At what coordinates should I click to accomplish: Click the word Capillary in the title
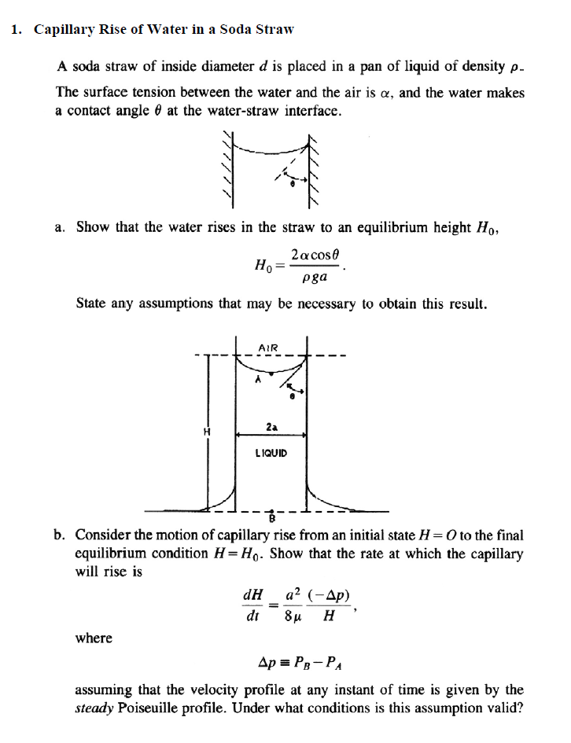(x=65, y=30)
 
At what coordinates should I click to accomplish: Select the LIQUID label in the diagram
(x=271, y=453)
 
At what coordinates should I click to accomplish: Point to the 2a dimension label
(x=271, y=427)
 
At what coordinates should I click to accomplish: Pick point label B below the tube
(x=272, y=517)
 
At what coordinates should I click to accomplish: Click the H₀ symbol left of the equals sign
(x=264, y=266)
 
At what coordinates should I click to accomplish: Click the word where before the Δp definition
(x=94, y=638)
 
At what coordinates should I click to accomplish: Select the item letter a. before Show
(x=60, y=227)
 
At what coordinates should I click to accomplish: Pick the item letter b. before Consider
(x=60, y=535)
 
